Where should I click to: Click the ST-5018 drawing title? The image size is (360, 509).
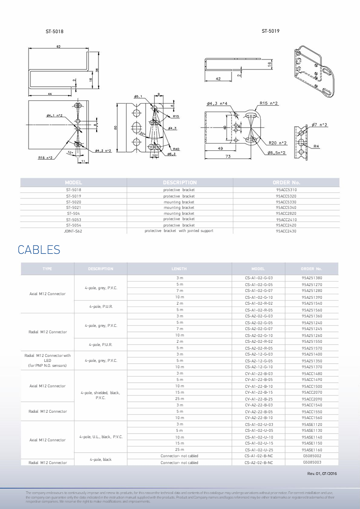(54, 32)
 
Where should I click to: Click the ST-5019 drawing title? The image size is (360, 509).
(270, 31)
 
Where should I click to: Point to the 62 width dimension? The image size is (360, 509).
(59, 47)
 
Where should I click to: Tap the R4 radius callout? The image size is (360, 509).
(316, 146)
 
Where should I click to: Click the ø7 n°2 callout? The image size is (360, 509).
(320, 124)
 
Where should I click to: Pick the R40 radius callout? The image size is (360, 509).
(175, 149)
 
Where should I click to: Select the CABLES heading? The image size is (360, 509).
(39, 250)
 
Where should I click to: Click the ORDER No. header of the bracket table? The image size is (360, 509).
(286, 183)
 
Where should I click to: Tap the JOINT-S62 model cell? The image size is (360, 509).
(73, 231)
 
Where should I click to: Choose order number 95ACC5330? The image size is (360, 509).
(286, 202)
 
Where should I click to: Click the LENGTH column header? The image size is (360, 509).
(179, 269)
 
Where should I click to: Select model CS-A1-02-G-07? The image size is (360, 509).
(259, 291)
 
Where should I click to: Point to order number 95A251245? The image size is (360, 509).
(312, 329)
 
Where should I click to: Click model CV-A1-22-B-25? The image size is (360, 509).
(259, 399)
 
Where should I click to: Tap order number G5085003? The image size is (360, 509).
(312, 462)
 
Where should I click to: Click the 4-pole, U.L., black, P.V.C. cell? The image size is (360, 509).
(101, 437)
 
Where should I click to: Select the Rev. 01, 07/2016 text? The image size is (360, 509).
(322, 474)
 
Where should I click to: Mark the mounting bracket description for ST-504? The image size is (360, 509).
(179, 213)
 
